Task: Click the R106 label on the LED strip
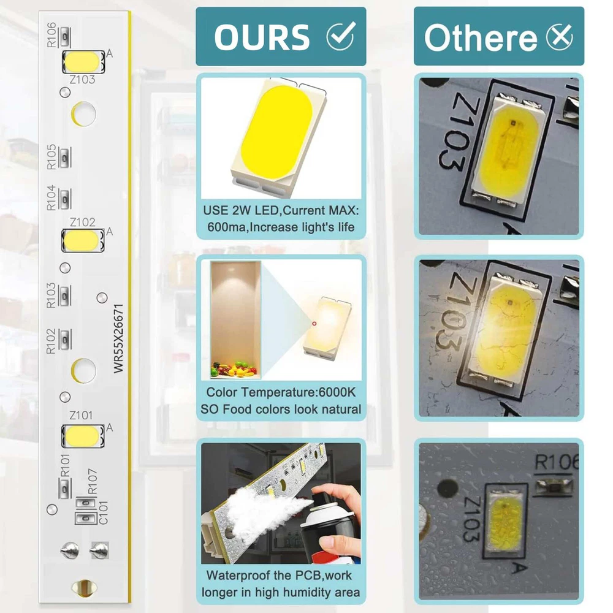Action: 51,35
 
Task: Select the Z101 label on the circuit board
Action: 81,415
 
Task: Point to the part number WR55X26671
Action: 118,338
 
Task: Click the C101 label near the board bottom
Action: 104,512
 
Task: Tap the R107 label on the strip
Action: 93,482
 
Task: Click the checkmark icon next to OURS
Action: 341,36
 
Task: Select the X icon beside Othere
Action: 560,37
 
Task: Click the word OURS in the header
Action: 262,37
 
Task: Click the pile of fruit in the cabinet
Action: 234,370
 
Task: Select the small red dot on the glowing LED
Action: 314,324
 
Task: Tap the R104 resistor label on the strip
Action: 51,198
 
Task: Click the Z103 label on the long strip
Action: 82,79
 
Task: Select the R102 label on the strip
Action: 51,341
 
